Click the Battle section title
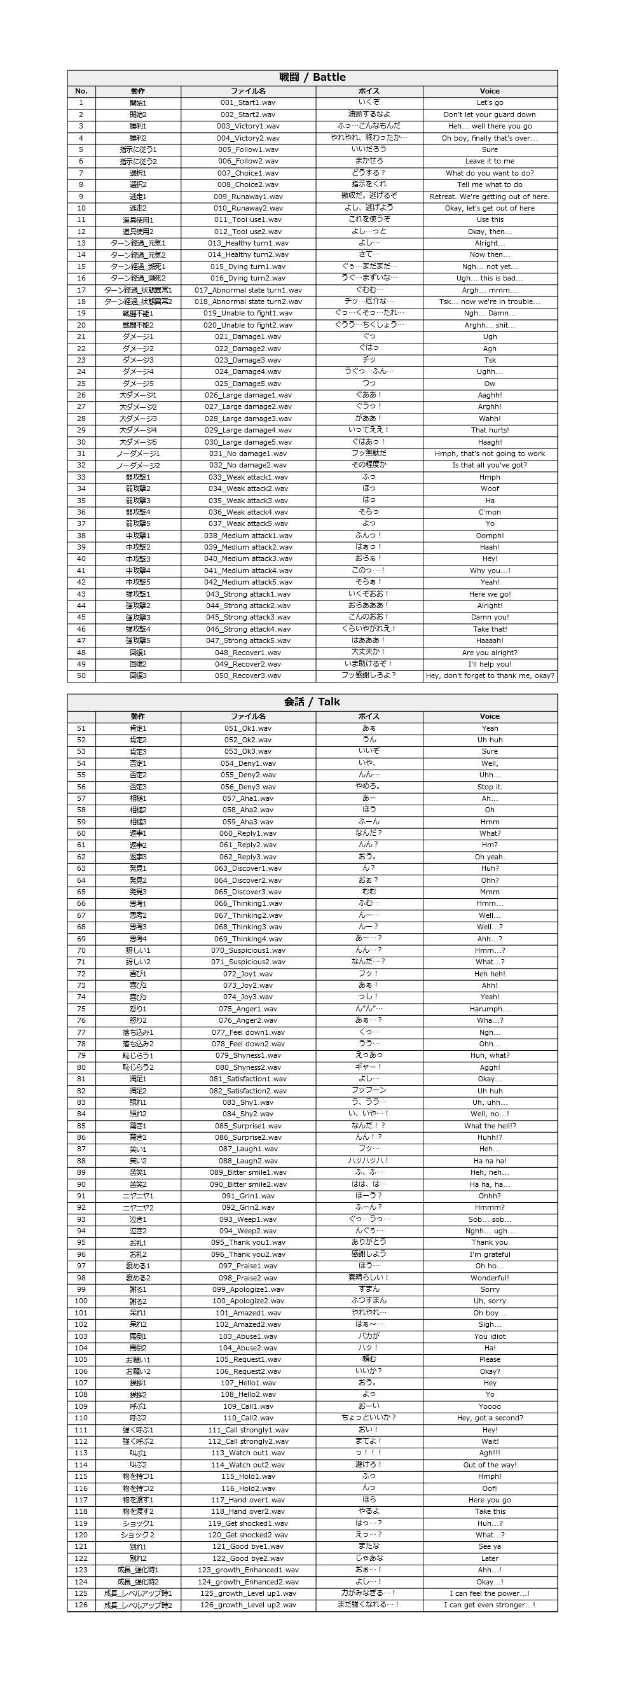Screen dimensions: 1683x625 [312, 77]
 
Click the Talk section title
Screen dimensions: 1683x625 [312, 702]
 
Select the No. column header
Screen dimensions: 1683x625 [81, 92]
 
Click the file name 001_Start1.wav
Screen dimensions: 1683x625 [247, 103]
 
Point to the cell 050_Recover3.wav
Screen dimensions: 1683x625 [247, 675]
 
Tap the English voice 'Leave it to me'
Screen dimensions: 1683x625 [489, 162]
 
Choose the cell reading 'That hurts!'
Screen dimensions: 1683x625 [489, 430]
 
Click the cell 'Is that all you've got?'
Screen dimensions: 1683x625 [489, 465]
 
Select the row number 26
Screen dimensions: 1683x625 [81, 395]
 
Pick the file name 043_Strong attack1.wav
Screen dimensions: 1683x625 [247, 594]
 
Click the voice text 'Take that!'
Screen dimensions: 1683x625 [489, 629]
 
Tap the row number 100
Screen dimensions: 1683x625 [81, 1301]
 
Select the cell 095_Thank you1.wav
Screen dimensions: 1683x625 [247, 1243]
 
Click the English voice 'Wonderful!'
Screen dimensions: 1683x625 [489, 1278]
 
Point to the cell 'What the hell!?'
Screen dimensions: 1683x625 [489, 1126]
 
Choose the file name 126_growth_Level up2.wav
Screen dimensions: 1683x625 [247, 1605]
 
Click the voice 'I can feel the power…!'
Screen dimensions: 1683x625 [489, 1593]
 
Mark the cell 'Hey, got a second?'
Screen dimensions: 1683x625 [489, 1418]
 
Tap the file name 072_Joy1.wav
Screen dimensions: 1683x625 [247, 973]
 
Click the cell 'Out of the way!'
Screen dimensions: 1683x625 [489, 1465]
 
